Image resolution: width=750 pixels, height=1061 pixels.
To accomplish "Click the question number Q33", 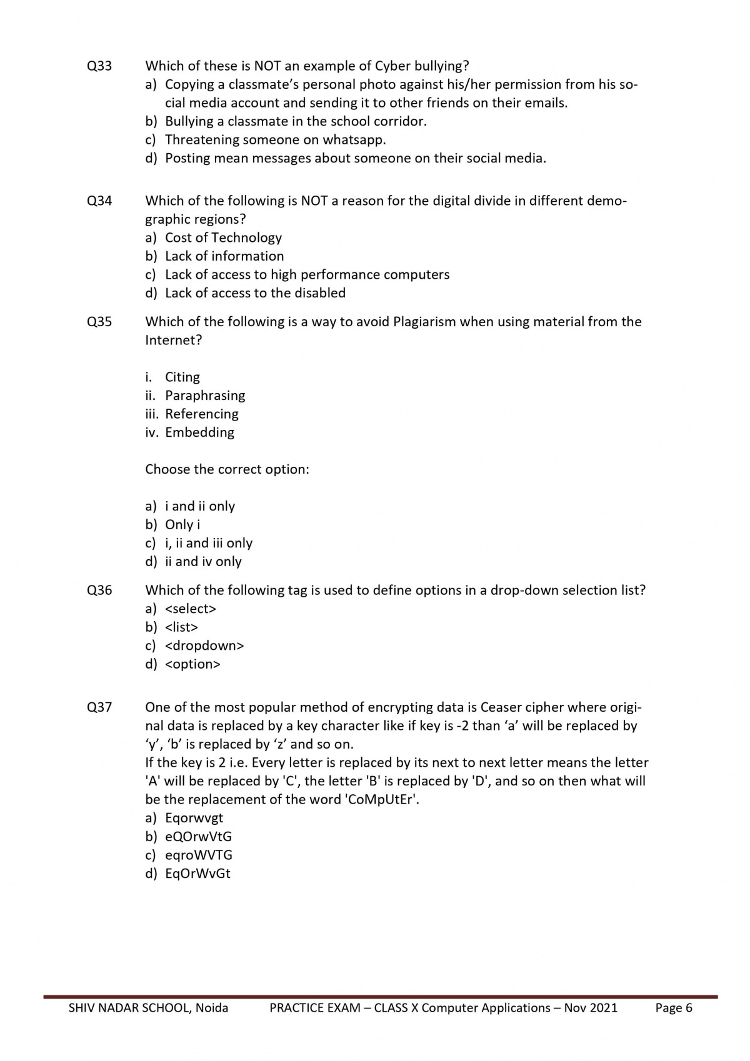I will pos(99,66).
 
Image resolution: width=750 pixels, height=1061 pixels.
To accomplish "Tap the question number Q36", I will pos(99,590).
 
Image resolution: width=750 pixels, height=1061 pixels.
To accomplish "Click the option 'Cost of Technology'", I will pos(223,237).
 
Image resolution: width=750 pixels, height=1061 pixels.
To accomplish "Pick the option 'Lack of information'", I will pos(224,256).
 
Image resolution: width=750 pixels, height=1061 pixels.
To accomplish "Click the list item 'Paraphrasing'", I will pos(205,396).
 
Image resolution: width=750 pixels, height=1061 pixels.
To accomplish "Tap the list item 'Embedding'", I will pos(199,432).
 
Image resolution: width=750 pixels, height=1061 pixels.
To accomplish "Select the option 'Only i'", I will pos(182,525).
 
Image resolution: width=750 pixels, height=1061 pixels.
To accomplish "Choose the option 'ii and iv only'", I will pos(203,562).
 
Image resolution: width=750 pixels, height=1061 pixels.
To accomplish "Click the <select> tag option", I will pos(191,609).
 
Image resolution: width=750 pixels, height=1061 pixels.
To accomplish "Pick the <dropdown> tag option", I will pos(204,645).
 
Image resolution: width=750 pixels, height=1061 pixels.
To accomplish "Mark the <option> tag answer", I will pos(192,664).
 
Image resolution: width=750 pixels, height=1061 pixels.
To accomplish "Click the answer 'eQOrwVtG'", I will pos(198,837).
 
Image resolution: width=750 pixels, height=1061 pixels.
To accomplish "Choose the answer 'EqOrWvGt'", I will pos(197,874).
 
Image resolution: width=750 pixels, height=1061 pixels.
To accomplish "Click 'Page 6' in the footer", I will pos(674,1008).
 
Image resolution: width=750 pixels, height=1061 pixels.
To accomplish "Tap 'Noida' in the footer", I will pos(211,1008).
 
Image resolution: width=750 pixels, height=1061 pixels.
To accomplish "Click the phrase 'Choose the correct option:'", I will pos(227,469).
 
